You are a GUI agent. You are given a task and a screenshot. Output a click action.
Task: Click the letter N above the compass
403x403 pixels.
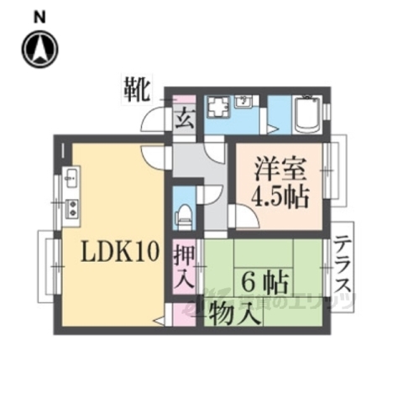click(x=39, y=15)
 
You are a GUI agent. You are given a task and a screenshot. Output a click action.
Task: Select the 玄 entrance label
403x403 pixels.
click(x=184, y=118)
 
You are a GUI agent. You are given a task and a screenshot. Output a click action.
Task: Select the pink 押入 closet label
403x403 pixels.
click(x=185, y=264)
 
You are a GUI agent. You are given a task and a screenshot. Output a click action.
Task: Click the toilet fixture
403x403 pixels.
click(x=184, y=212)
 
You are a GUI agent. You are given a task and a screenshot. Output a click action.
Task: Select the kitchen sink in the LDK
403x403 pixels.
click(x=71, y=178)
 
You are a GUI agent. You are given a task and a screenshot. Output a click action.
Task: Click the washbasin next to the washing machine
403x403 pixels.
click(x=245, y=102)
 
